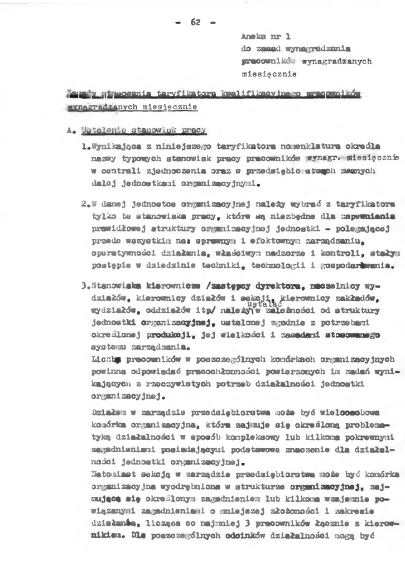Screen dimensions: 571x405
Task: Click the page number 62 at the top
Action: tap(195, 22)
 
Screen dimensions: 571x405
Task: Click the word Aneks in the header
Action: tap(252, 36)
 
